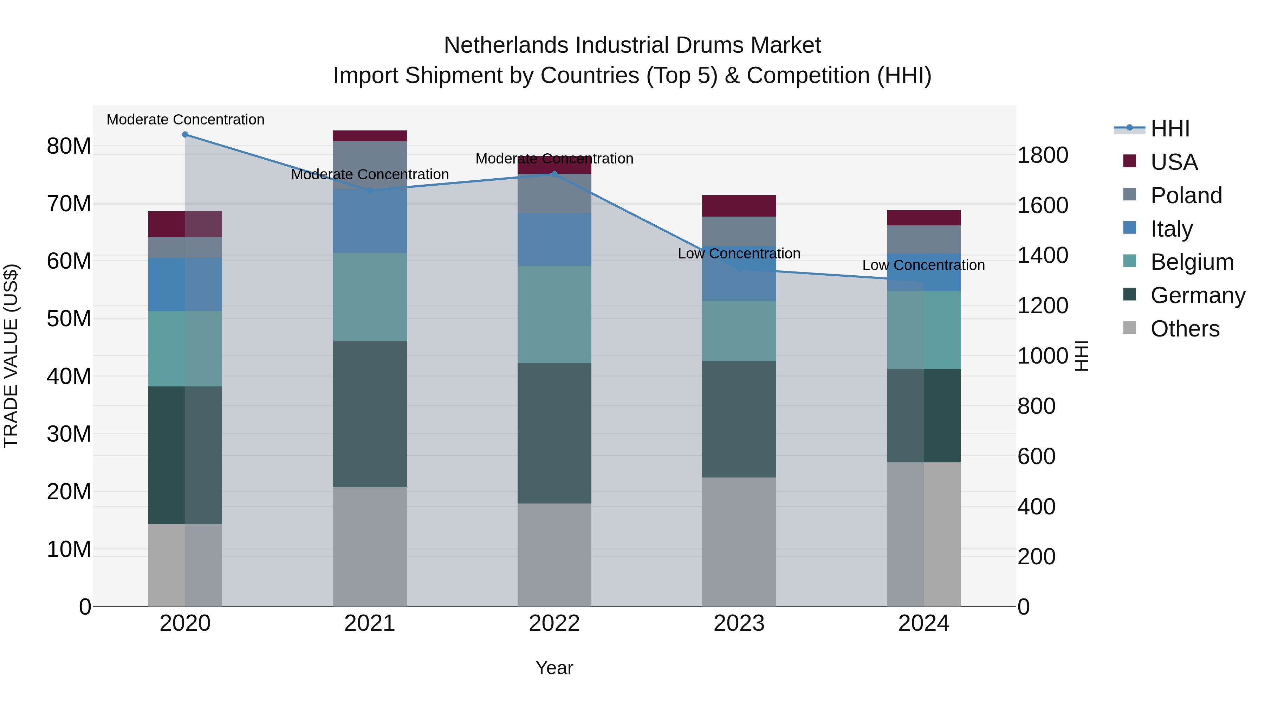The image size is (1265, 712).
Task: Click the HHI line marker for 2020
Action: coord(185,135)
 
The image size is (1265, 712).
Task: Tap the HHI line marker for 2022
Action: coord(554,174)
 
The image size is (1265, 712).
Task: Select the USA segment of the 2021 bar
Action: coord(370,136)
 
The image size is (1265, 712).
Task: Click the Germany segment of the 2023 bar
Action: coord(739,419)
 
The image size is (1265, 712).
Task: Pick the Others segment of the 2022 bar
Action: coord(554,555)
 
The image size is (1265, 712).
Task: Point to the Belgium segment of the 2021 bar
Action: coord(370,297)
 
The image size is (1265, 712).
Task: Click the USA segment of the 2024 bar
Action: coord(924,218)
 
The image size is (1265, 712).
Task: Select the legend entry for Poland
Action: coord(1186,195)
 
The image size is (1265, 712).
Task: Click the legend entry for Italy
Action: coord(1171,229)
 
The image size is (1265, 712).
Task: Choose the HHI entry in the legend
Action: coord(1170,129)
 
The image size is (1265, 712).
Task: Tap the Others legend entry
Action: coord(1185,329)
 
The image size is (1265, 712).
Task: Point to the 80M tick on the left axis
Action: coord(69,146)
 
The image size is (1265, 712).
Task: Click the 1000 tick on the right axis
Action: coord(1042,356)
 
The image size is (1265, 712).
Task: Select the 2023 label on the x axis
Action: coord(739,623)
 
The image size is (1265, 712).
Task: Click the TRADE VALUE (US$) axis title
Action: coord(11,356)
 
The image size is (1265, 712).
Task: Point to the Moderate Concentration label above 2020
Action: coord(185,120)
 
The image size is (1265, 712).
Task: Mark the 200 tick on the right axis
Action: coord(1036,557)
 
